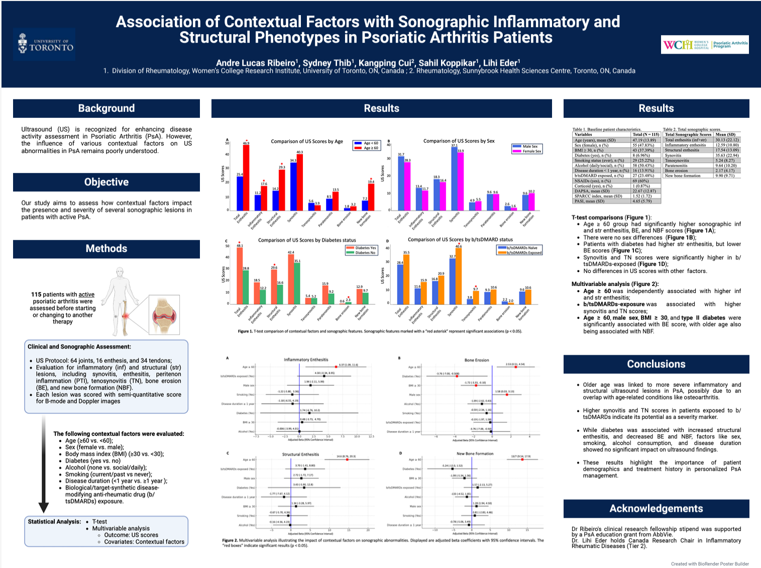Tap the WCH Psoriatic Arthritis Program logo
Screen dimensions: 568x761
[x=705, y=45]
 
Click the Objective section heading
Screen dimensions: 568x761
[x=106, y=182]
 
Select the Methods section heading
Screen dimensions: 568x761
[x=106, y=248]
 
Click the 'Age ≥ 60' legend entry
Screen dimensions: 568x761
[x=366, y=148]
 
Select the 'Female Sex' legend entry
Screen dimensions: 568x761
[x=527, y=151]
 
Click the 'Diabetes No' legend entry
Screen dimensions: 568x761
[x=361, y=253]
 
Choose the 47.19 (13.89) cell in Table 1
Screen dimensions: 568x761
[x=646, y=140]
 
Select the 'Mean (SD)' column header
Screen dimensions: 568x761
[x=726, y=134]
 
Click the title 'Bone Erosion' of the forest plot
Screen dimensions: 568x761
[x=476, y=360]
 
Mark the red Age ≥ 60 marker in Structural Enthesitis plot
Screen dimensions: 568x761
[x=347, y=459]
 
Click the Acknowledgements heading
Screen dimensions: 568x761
[x=656, y=508]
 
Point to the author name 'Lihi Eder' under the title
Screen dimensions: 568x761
[x=501, y=63]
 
